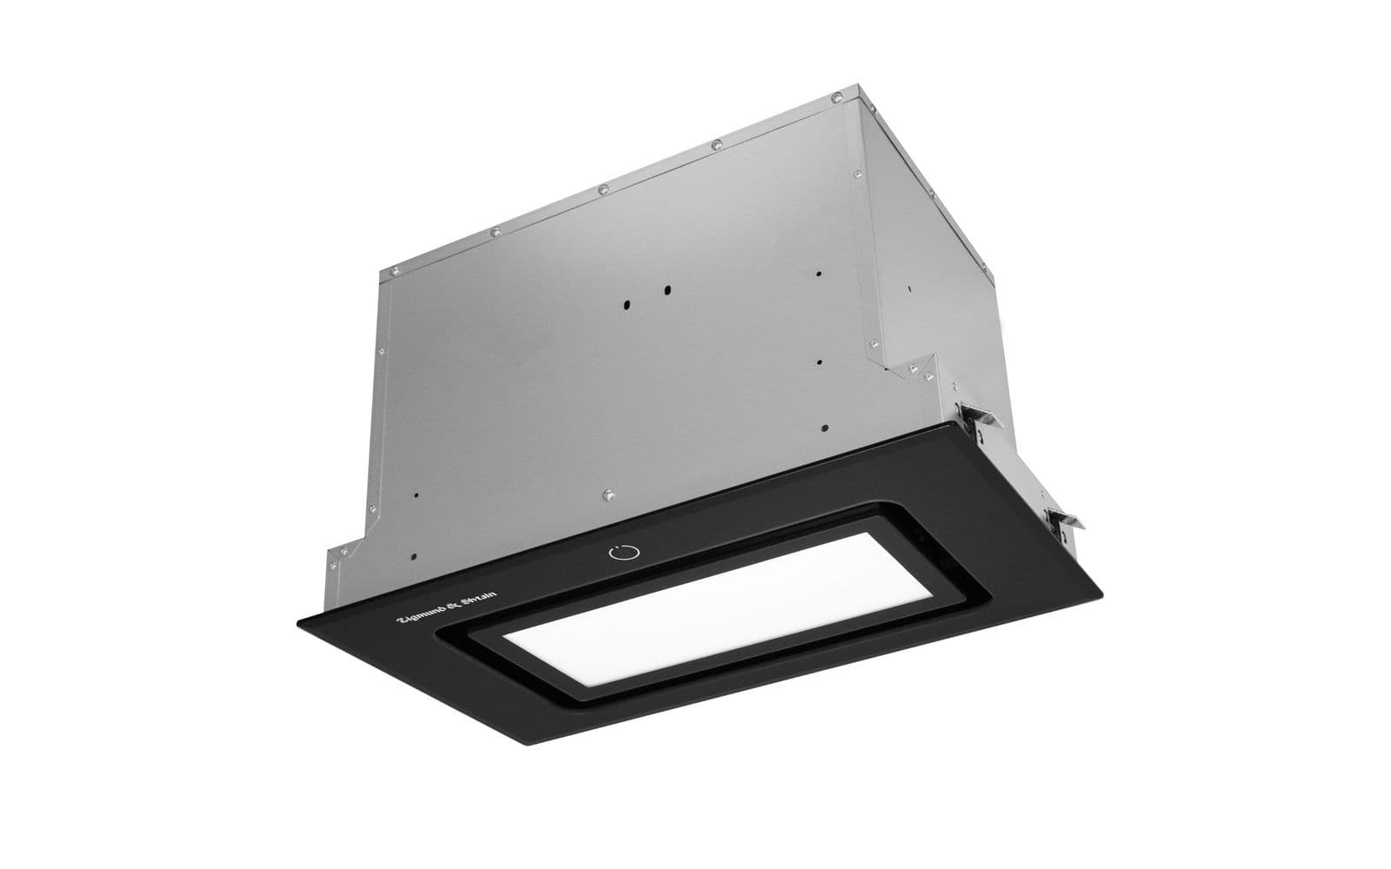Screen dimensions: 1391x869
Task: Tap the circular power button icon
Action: pos(624,552)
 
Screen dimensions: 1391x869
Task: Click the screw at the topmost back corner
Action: pos(836,96)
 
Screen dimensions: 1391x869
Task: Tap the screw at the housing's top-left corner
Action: pos(393,270)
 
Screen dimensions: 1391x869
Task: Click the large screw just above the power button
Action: pos(609,494)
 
